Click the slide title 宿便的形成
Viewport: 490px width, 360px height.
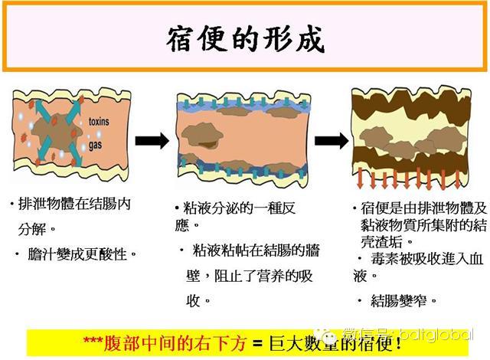tap(244, 38)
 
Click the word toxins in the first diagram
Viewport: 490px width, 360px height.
tap(100, 122)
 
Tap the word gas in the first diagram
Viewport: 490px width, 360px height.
tap(96, 143)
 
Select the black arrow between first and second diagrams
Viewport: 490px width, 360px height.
tap(152, 140)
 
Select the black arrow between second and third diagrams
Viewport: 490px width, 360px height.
tap(331, 140)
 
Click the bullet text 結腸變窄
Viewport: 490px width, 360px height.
tap(401, 300)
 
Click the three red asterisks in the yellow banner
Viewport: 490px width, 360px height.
tap(95, 342)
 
